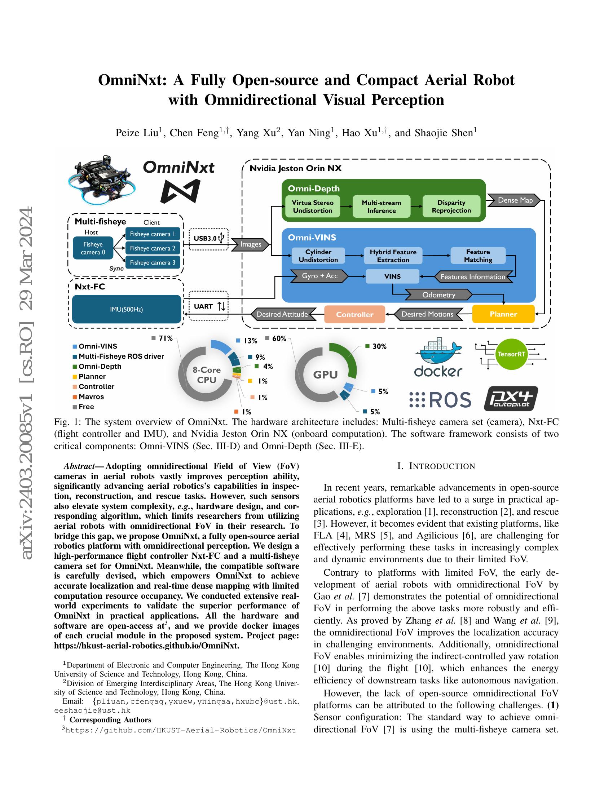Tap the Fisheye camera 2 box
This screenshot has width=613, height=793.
(153, 248)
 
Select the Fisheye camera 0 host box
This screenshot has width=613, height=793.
(93, 248)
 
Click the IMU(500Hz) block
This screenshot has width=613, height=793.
(126, 309)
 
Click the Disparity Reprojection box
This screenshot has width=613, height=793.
(451, 207)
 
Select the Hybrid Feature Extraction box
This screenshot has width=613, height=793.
(393, 256)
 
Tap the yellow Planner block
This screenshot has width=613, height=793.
(503, 314)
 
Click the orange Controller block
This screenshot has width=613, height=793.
(354, 314)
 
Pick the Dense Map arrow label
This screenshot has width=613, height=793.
(515, 200)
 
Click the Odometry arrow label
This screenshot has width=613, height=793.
(439, 295)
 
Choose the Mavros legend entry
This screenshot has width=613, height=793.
(91, 397)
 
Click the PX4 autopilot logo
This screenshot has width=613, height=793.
(511, 399)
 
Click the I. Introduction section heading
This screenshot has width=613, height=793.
(436, 466)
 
